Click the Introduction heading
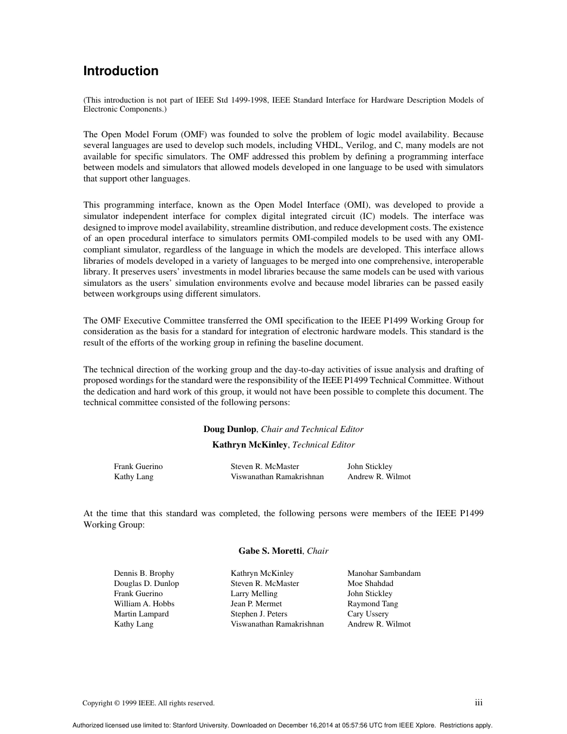121,71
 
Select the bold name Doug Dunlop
230,429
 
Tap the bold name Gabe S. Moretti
270,551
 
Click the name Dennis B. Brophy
144,573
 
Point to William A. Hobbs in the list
144,604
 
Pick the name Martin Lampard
141,614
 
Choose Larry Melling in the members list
254,594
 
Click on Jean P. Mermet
256,604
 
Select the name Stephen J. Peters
259,614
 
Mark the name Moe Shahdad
370,584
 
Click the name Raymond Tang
372,604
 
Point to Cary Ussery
368,614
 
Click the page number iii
479,703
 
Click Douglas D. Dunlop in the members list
146,584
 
